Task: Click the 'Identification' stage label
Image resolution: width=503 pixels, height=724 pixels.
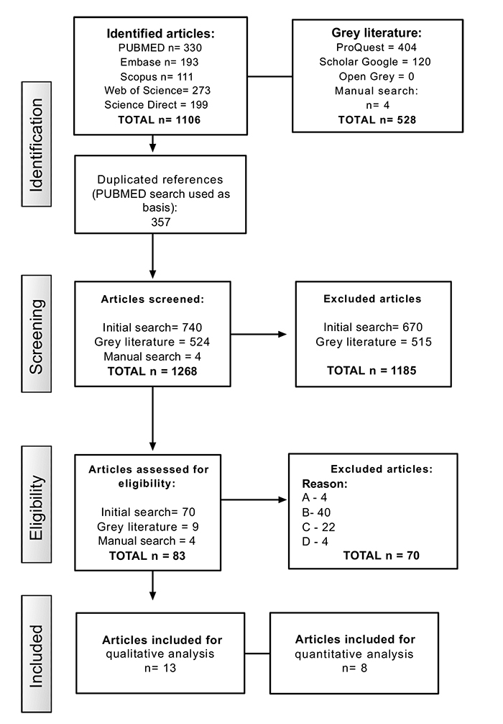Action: [37, 144]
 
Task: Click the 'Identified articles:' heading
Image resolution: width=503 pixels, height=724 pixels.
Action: [160, 34]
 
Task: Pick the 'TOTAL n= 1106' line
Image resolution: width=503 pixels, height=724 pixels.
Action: [159, 120]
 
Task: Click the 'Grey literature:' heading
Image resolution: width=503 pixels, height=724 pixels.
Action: [377, 33]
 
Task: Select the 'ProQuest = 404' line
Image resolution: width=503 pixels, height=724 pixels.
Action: [377, 47]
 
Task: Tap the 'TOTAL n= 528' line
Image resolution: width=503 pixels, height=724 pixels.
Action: [377, 120]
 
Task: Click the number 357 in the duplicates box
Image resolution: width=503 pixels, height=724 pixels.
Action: [160, 222]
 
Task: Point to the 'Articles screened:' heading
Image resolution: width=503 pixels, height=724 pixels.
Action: [152, 299]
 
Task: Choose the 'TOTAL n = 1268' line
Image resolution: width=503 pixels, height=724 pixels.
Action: [152, 371]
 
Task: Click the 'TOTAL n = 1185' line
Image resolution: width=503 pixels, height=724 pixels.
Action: [372, 371]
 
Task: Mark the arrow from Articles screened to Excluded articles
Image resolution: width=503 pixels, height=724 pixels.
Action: [259, 334]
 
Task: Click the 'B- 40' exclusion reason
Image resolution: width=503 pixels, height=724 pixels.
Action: [316, 512]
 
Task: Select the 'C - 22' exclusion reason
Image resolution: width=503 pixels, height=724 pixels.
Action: [318, 528]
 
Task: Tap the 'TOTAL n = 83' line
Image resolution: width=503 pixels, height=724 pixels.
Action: [147, 556]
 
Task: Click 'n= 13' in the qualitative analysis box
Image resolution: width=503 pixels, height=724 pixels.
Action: [160, 668]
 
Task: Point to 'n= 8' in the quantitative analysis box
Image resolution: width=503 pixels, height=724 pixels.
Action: [354, 668]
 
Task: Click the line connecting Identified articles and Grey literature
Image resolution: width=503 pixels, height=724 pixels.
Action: [269, 76]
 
